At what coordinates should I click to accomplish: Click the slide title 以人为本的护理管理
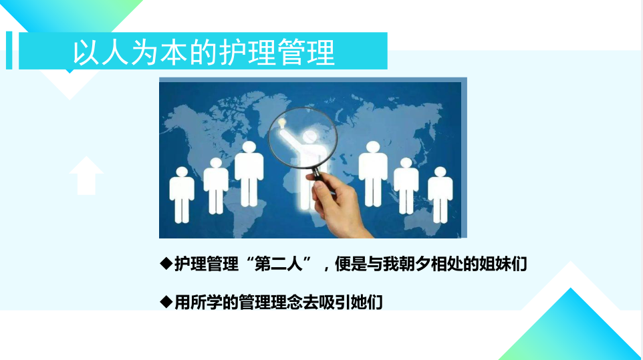[x=204, y=52]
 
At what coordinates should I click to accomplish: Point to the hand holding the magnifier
[x=338, y=206]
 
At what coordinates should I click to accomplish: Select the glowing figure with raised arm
[x=305, y=164]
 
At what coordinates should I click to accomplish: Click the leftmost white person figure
[x=182, y=194]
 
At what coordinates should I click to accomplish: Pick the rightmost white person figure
[x=440, y=194]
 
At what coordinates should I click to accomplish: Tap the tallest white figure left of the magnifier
[x=249, y=174]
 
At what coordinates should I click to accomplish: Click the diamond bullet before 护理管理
[x=166, y=263]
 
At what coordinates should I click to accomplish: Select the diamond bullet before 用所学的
[x=166, y=302]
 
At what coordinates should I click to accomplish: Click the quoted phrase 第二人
[x=279, y=264]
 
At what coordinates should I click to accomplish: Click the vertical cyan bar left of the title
[x=9, y=50]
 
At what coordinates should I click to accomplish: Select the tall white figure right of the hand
[x=373, y=174]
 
